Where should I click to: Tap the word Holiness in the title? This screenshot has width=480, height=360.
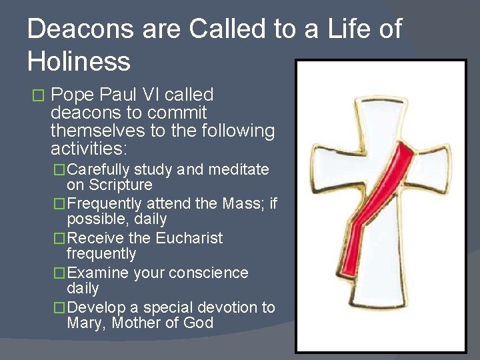79,61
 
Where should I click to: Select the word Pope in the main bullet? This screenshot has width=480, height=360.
73,95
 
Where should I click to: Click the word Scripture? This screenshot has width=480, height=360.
120,185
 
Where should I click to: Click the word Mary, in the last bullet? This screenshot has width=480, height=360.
87,324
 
